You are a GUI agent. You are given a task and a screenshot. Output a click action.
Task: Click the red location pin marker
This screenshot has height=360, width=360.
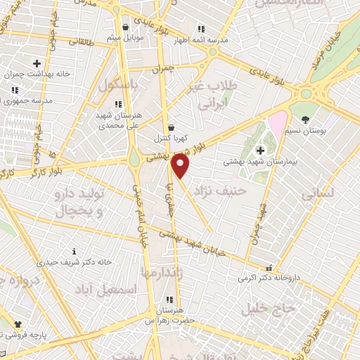click(x=181, y=166)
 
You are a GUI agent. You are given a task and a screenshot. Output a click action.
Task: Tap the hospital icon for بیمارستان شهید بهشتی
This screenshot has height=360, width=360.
click(x=260, y=150)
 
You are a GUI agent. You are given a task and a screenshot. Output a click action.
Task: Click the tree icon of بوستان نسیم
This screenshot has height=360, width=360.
click(x=305, y=120)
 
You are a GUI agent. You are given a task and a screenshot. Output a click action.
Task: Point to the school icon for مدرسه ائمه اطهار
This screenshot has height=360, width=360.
click(x=200, y=30)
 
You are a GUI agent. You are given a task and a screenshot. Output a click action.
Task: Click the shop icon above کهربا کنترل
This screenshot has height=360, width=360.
click(x=171, y=127)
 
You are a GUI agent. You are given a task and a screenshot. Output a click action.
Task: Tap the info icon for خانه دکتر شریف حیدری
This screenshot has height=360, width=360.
click(x=75, y=251)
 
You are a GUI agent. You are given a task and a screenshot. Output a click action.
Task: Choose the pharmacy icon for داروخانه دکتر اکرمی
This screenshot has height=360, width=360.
click(x=268, y=268)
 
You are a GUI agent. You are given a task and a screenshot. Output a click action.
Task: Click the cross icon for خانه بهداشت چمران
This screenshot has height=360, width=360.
click(x=37, y=64)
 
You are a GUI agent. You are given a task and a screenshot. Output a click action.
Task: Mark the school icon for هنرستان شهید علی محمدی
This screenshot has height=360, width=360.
click(x=118, y=104)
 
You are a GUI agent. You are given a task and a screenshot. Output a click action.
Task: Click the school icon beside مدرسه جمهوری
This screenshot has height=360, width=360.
click(x=14, y=91)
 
